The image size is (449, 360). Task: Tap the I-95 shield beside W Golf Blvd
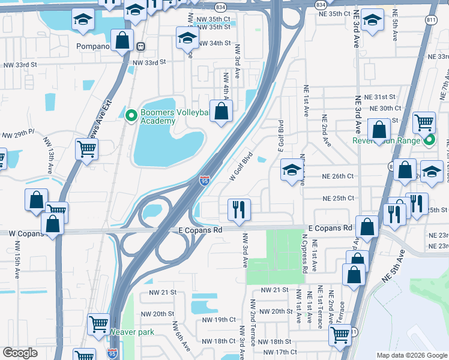(204, 179)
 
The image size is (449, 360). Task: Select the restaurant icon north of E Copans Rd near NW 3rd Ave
(239, 209)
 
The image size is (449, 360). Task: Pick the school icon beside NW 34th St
(187, 38)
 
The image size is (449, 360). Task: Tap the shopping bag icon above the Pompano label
(122, 41)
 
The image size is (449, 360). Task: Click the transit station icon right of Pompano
(140, 46)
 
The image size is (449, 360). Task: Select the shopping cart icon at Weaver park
(99, 325)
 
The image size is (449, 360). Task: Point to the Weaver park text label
(131, 332)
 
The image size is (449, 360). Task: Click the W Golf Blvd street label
(241, 167)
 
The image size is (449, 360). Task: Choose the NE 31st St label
(382, 97)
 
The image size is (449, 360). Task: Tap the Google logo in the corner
(20, 353)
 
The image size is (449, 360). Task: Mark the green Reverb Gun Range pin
(429, 142)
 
